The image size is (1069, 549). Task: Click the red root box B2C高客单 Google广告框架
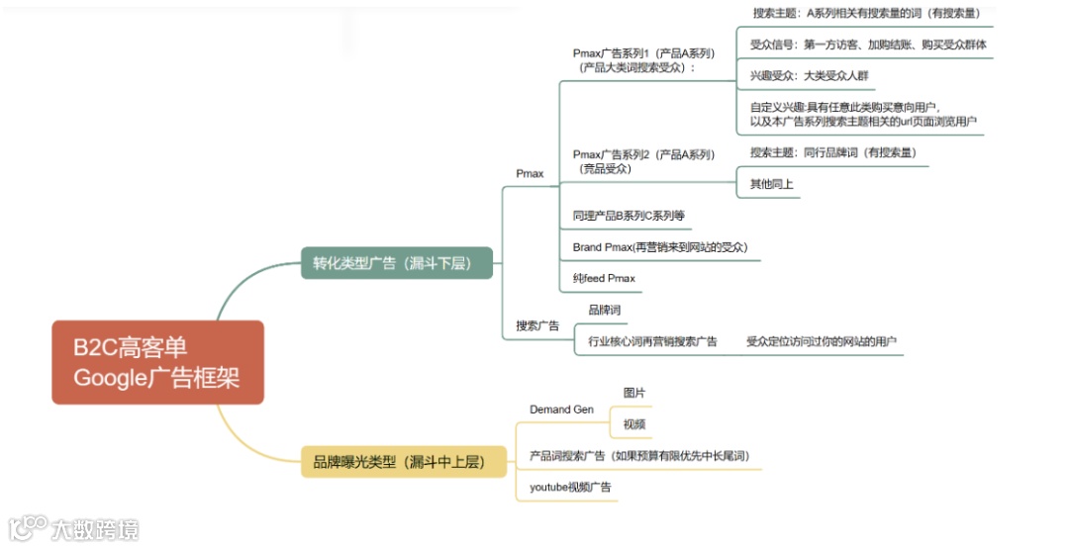click(x=157, y=362)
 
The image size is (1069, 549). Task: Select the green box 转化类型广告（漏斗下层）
click(x=397, y=262)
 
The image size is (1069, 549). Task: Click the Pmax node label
click(x=530, y=173)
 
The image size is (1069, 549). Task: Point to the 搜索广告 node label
click(x=537, y=325)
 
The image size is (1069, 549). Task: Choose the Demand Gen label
click(x=562, y=409)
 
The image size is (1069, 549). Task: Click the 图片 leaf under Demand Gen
click(x=634, y=393)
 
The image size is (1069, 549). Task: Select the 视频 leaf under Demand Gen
click(x=634, y=424)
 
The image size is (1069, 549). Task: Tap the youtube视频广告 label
click(x=570, y=487)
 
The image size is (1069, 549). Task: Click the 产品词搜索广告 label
click(x=639, y=455)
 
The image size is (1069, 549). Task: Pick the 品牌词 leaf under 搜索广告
click(x=604, y=310)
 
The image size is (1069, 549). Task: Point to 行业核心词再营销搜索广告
click(x=652, y=341)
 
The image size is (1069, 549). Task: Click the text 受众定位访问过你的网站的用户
click(x=822, y=341)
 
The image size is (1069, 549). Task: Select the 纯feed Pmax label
click(x=604, y=279)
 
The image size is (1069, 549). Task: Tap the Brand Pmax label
click(x=660, y=247)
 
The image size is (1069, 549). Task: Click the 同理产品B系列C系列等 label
click(x=629, y=216)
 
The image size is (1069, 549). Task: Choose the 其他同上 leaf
click(x=771, y=184)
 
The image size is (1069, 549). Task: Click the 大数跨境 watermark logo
click(x=74, y=528)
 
